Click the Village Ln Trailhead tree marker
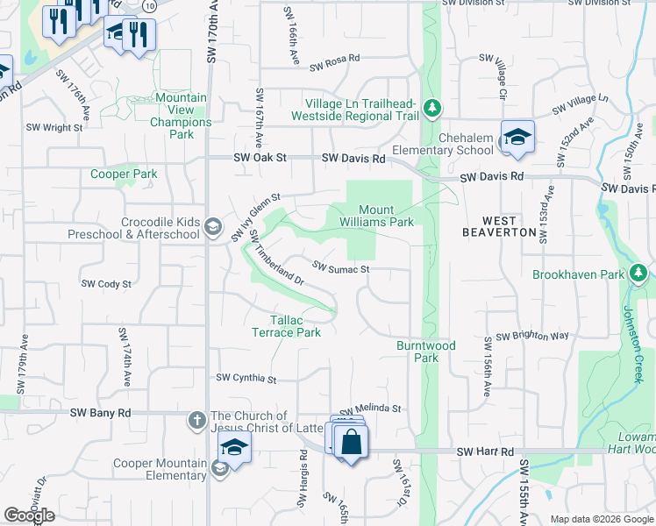pyautogui.click(x=431, y=109)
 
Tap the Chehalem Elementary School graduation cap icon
pyautogui.click(x=518, y=138)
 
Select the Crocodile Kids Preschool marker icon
pyautogui.click(x=211, y=227)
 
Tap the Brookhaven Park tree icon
pyautogui.click(x=639, y=274)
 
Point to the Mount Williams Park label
pyautogui.click(x=386, y=216)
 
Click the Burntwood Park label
pyautogui.click(x=426, y=352)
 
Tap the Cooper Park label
pyautogui.click(x=124, y=174)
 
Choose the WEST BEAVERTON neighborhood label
pyautogui.click(x=499, y=225)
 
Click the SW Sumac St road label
pyautogui.click(x=341, y=268)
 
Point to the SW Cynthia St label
pyautogui.click(x=246, y=380)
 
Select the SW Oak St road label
pyautogui.click(x=260, y=158)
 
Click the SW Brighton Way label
pyautogui.click(x=532, y=337)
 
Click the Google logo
pyautogui.click(x=29, y=515)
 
